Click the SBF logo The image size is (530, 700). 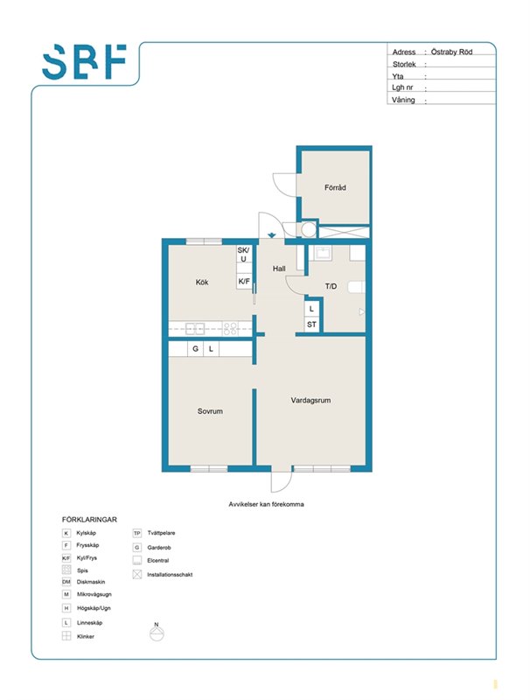(84, 61)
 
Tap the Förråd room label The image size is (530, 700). (335, 187)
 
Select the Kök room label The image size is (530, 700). (202, 282)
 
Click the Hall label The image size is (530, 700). (279, 269)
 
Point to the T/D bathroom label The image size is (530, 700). (331, 286)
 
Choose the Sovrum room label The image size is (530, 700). (210, 411)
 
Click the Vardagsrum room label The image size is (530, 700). (311, 401)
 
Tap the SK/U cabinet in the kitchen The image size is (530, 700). (244, 255)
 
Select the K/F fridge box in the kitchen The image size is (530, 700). (244, 281)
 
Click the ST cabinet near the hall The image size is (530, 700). (311, 325)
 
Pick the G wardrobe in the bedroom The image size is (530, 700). (195, 349)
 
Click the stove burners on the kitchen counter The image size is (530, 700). (230, 329)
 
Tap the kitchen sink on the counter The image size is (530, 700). (194, 329)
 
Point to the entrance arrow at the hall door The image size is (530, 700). (272, 235)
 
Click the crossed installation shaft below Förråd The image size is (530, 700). (344, 232)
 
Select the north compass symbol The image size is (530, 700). (157, 633)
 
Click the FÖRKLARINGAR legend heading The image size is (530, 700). (90, 520)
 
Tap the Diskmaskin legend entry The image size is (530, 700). (84, 582)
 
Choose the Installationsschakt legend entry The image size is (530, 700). (163, 575)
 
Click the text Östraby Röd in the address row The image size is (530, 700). (451, 52)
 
